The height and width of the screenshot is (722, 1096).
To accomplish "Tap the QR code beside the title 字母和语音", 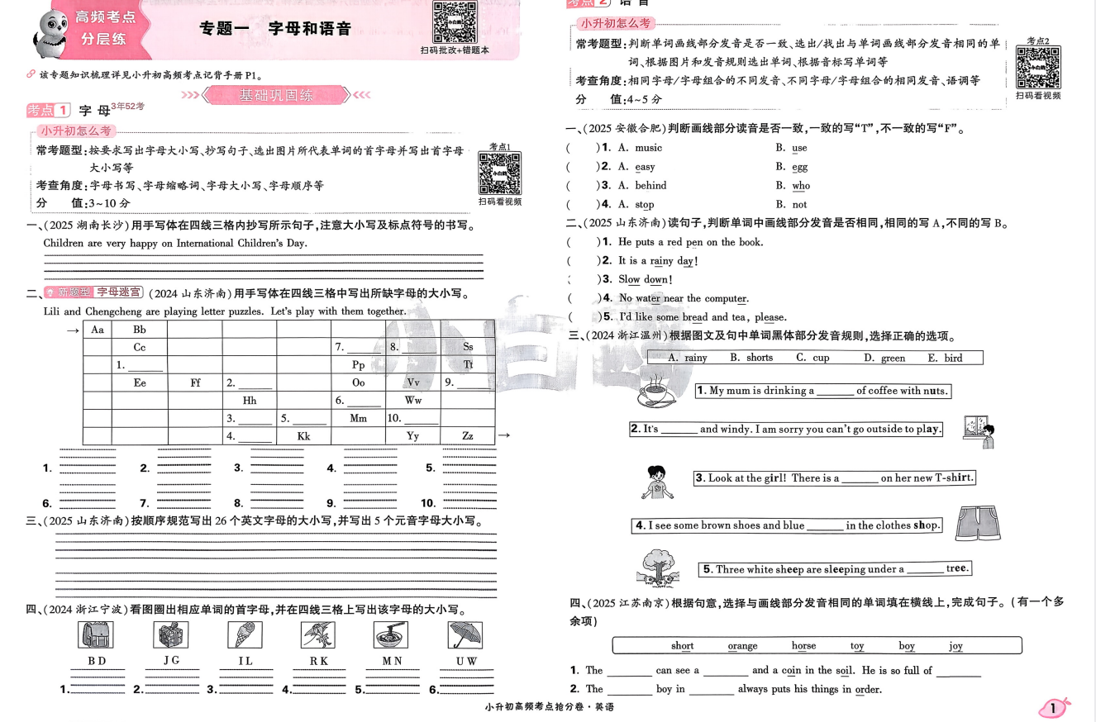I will (x=455, y=22).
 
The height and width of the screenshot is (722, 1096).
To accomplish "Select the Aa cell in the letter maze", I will (x=98, y=330).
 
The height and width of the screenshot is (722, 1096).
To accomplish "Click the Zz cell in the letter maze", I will (x=468, y=435).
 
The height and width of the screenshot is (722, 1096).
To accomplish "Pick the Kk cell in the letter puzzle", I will (x=303, y=435).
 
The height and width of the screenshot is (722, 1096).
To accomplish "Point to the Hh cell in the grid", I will (x=250, y=400).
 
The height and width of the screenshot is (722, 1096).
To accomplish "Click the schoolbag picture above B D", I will (x=95, y=634).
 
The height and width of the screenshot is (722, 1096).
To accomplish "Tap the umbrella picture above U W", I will (x=465, y=634).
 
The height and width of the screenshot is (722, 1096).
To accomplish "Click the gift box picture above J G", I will (x=171, y=634).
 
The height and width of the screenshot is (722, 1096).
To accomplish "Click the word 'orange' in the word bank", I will (x=742, y=646).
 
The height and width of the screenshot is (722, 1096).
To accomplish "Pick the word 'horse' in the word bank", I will (x=803, y=646).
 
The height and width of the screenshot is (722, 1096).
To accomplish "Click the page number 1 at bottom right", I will (x=1054, y=708).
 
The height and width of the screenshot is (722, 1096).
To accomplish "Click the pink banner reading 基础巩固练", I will (x=275, y=96).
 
